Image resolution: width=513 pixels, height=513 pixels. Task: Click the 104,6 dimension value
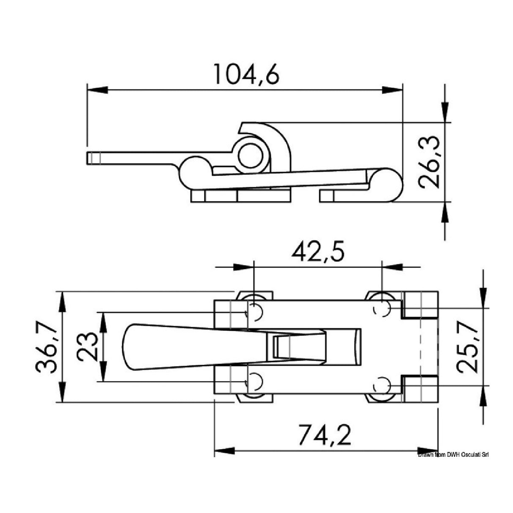[x=246, y=74]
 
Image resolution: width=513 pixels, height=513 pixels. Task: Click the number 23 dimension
[x=88, y=347]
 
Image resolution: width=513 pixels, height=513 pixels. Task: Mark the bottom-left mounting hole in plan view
[x=254, y=382]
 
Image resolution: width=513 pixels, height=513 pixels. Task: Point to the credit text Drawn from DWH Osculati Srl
[x=453, y=455]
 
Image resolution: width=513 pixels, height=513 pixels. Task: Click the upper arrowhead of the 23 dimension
[x=101, y=319]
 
